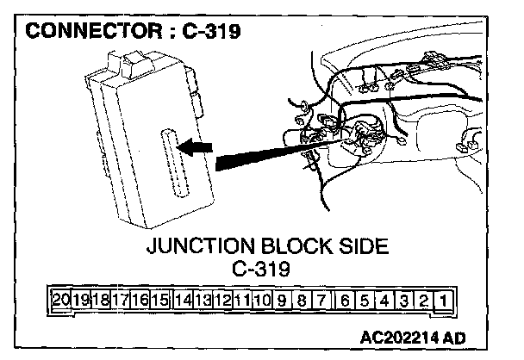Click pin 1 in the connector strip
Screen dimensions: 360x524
[441, 301]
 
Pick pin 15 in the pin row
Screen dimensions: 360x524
[160, 301]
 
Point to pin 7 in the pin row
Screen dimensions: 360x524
[321, 301]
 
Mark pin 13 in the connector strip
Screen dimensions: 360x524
[202, 301]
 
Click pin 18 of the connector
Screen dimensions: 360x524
[101, 301]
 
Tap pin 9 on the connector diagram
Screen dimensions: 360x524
[282, 301]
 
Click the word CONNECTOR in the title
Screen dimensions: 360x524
[90, 34]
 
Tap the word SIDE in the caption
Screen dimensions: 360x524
[362, 247]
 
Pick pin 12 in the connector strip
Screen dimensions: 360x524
[221, 301]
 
